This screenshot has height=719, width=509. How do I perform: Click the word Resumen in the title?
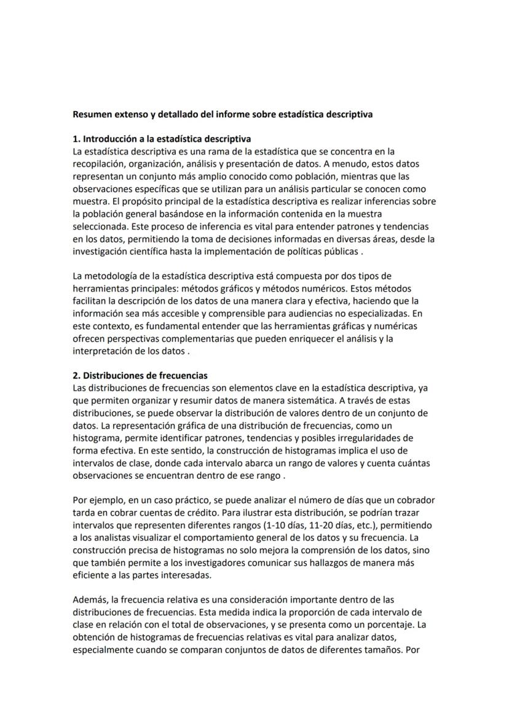[92, 114]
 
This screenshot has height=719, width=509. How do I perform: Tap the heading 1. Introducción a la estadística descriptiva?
[162, 139]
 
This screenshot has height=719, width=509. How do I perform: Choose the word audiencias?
[303, 313]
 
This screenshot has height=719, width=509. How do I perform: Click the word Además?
[90, 600]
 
